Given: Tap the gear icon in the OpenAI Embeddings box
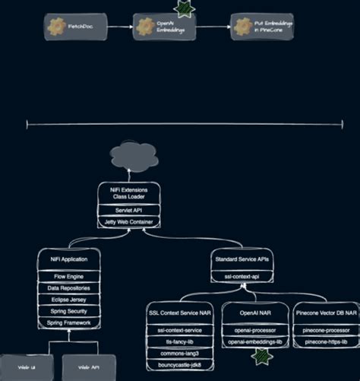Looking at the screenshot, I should (145, 27).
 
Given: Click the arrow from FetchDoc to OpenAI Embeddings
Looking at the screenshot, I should (120, 27).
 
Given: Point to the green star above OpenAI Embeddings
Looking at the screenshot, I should (183, 8).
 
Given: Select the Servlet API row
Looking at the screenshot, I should (128, 208).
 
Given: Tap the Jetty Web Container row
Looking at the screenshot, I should (128, 221).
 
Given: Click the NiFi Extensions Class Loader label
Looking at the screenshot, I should (128, 192).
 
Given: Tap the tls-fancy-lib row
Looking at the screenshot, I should (179, 342).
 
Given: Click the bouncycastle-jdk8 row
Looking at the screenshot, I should (179, 365).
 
